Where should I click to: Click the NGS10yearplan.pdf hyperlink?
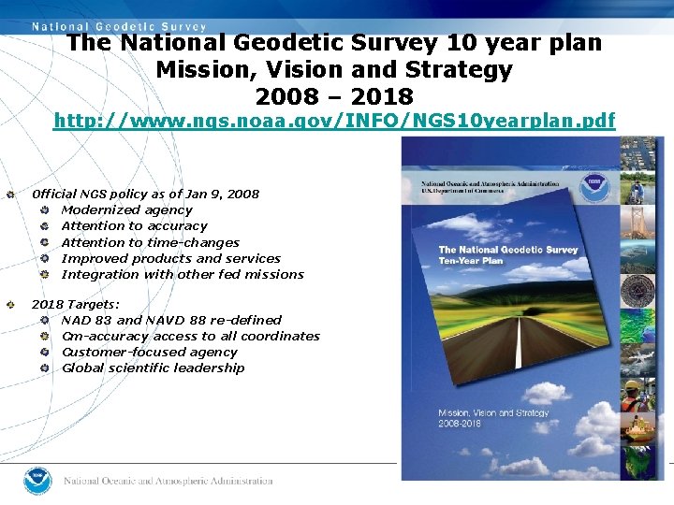(334, 121)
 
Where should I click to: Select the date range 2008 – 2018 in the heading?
(334, 96)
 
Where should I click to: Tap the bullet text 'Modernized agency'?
(126, 209)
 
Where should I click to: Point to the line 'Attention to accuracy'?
(134, 225)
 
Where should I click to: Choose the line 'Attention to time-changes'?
(150, 242)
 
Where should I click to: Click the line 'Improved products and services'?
(170, 258)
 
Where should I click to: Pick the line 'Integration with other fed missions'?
(183, 274)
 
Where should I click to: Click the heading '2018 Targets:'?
(76, 304)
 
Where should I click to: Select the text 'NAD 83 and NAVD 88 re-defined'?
(171, 320)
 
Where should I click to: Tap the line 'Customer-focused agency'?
(149, 352)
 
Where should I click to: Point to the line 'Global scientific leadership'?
(153, 368)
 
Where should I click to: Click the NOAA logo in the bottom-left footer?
(37, 481)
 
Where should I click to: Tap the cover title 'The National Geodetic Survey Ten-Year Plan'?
(508, 254)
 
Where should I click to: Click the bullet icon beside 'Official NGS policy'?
(10, 195)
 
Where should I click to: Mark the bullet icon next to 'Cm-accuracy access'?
(44, 337)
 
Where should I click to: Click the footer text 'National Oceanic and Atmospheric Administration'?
(168, 481)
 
